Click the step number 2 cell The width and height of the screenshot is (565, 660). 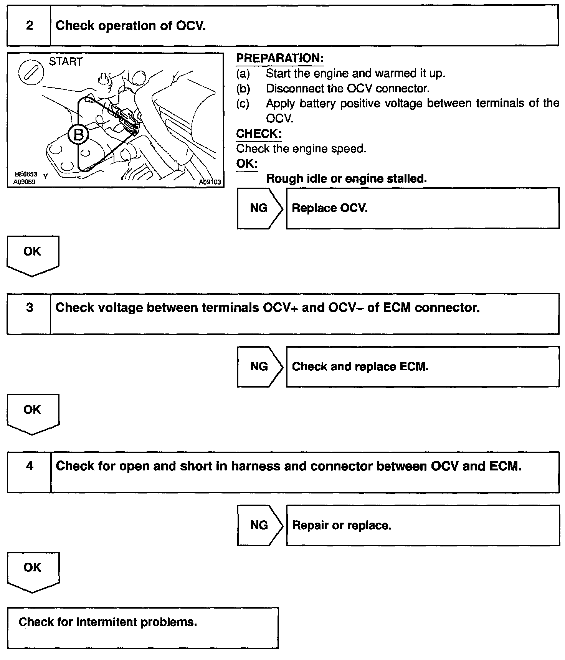[x=29, y=26]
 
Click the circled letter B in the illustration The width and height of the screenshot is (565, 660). [x=78, y=135]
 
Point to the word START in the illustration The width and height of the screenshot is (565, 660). [x=66, y=62]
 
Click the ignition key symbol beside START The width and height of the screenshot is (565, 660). [x=30, y=71]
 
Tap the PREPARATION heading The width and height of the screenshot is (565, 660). [x=280, y=58]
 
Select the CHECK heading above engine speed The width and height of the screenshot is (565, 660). [x=259, y=134]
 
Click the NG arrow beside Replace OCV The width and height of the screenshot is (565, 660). [x=260, y=208]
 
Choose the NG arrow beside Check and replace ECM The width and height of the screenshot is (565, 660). [x=260, y=366]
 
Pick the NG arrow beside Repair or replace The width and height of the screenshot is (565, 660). [x=260, y=525]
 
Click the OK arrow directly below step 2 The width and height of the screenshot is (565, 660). [x=33, y=254]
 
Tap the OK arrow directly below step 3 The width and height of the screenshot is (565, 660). [x=33, y=413]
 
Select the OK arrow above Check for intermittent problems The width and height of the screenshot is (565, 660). [x=33, y=571]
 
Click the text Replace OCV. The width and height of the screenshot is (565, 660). [x=330, y=208]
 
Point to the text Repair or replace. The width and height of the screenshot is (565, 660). [x=342, y=525]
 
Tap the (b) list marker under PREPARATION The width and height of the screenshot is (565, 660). [x=243, y=89]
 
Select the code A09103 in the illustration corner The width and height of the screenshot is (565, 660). [x=210, y=182]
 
